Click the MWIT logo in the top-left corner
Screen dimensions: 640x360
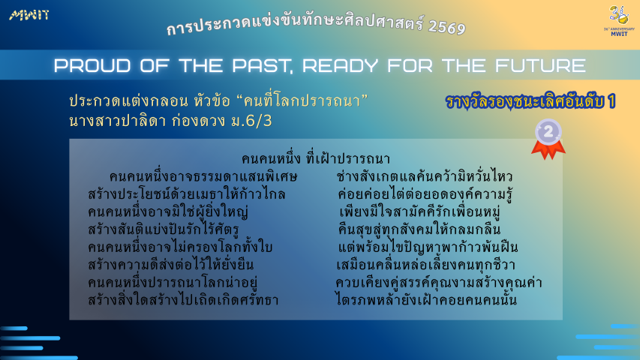29,16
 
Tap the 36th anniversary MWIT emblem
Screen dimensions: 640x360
619,21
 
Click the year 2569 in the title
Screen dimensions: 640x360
447,27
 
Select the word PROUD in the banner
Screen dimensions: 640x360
92,66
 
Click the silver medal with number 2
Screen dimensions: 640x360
548,131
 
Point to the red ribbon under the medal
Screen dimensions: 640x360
548,150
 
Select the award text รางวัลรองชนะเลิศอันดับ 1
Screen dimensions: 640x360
530,102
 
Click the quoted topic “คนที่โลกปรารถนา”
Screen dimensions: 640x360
302,100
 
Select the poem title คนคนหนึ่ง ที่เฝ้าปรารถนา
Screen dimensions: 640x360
316,159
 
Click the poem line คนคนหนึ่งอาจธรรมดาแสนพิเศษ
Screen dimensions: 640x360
203,177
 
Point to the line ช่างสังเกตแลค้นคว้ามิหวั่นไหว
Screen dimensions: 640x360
425,176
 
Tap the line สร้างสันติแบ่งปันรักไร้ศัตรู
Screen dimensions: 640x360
164,229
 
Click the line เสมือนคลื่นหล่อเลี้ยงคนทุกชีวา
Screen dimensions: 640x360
425,265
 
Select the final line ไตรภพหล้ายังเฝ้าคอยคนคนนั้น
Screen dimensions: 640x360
426,300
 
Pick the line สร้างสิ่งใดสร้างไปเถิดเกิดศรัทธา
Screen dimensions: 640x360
183,300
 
